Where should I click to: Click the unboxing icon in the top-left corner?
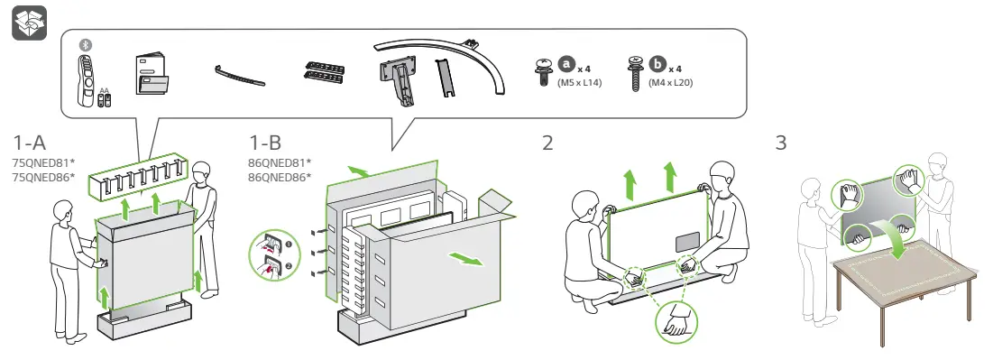pos(29,23)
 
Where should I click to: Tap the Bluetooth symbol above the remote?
pos(86,45)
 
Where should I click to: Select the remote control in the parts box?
pos(86,80)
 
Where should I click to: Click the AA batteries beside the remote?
pos(105,99)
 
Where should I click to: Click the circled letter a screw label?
pos(565,65)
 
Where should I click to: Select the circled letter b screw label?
pos(658,65)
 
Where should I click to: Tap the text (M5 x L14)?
pos(579,82)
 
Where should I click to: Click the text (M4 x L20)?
pos(670,82)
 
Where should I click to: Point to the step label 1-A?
pos(30,143)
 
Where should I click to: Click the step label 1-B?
pos(265,143)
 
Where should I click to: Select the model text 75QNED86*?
pos(43,177)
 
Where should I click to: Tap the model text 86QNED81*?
pos(280,162)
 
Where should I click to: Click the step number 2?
pos(547,143)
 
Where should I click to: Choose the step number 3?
pos(781,143)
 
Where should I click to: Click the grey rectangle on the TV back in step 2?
pos(688,242)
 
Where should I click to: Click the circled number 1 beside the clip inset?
pos(289,244)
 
